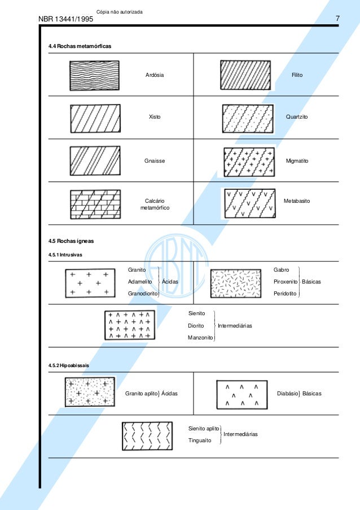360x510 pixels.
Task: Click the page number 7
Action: [337, 19]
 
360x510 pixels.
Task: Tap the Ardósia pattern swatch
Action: [94, 75]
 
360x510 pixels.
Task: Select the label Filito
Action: [297, 75]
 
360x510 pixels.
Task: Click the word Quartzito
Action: [297, 117]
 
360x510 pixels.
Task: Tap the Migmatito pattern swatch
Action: [249, 162]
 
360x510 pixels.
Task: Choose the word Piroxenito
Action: [286, 281]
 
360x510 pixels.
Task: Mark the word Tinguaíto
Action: [200, 441]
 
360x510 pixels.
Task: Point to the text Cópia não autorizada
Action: [120, 11]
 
